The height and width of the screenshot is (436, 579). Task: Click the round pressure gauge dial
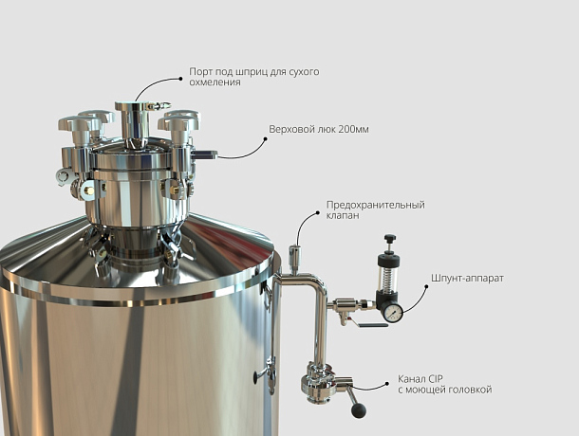click(393, 313)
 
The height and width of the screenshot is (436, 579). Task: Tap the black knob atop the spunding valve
click(390, 238)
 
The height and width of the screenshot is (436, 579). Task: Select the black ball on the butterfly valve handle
click(358, 410)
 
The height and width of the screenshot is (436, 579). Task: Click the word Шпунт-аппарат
click(467, 278)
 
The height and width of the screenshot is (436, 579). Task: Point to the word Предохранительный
click(376, 205)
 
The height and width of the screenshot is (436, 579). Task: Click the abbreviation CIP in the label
click(436, 379)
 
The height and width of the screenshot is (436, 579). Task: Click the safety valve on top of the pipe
click(294, 258)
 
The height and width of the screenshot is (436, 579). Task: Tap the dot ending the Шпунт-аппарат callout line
click(426, 286)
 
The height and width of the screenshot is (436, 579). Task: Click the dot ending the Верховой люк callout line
click(265, 139)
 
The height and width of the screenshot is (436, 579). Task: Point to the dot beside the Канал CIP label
click(387, 384)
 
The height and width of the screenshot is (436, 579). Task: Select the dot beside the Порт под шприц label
click(180, 79)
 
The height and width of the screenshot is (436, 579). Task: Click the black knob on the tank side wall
click(255, 377)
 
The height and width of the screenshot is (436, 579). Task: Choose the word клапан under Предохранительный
click(343, 215)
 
